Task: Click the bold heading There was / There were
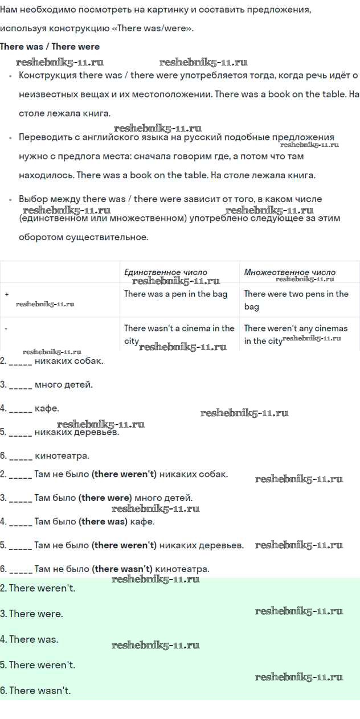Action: pyautogui.click(x=50, y=47)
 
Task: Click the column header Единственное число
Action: pyautogui.click(x=166, y=272)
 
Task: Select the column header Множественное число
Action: pyautogui.click(x=290, y=272)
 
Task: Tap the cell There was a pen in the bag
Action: pyautogui.click(x=175, y=294)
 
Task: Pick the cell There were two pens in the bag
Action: pyautogui.click(x=296, y=300)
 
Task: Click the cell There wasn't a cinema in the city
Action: pyautogui.click(x=179, y=334)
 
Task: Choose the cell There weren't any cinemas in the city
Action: pyautogui.click(x=296, y=334)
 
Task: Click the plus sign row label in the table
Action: pyautogui.click(x=7, y=294)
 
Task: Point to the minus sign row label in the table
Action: pyautogui.click(x=6, y=328)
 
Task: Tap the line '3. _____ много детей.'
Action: pyautogui.click(x=46, y=384)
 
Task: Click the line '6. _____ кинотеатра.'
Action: pyautogui.click(x=44, y=455)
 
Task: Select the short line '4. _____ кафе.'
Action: pyautogui.click(x=30, y=408)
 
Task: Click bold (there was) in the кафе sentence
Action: pyautogui.click(x=103, y=521)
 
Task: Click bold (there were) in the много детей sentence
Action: pyautogui.click(x=105, y=498)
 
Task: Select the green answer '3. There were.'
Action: pyautogui.click(x=32, y=614)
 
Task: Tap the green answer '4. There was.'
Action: pyautogui.click(x=30, y=639)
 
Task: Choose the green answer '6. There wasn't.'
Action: pyautogui.click(x=35, y=691)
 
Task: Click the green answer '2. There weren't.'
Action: pyautogui.click(x=38, y=588)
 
